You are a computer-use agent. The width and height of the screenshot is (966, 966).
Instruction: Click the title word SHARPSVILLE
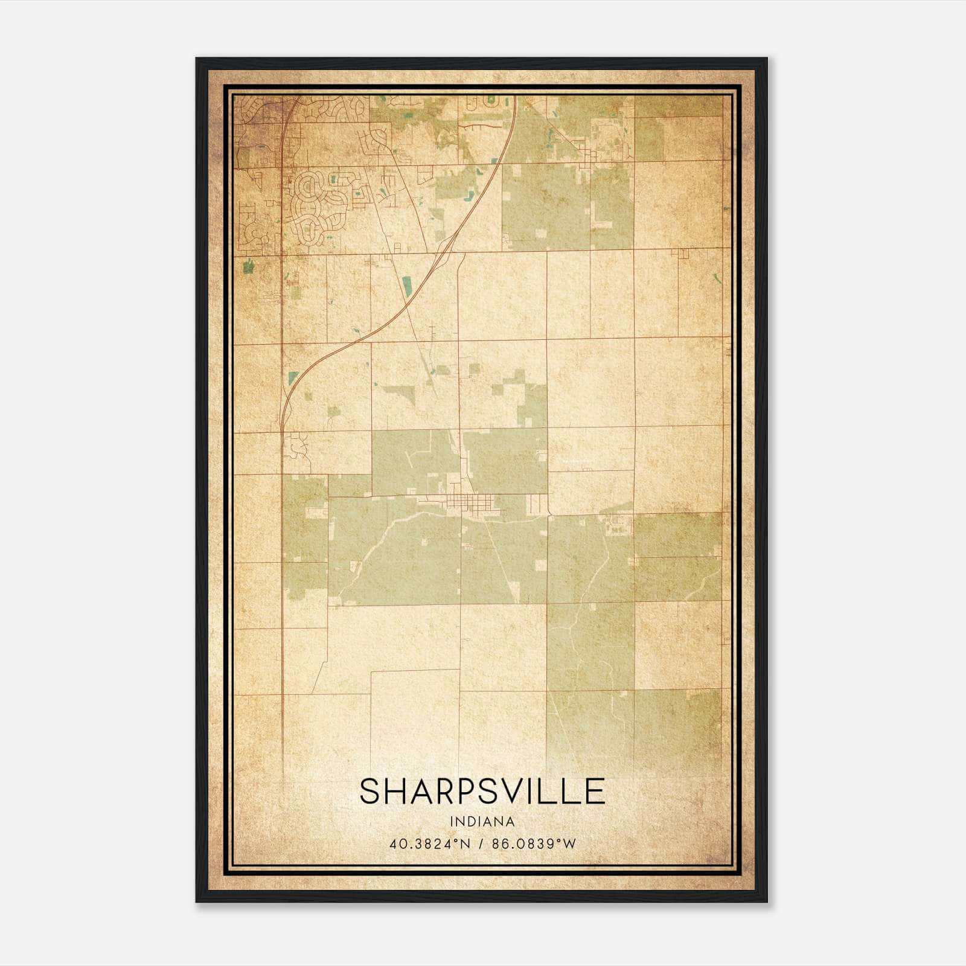coord(482,792)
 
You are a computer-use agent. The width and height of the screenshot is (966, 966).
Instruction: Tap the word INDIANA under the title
coord(482,822)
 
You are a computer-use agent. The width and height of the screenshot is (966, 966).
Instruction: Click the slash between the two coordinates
coord(481,844)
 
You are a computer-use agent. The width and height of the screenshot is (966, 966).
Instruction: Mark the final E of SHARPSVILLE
coord(595,792)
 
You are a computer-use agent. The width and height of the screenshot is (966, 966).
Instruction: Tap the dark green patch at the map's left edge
coord(247,266)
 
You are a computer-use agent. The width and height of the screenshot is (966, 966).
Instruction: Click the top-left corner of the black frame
coord(197,59)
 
